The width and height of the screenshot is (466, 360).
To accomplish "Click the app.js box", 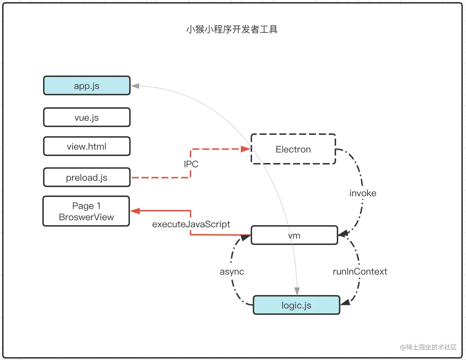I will pos(87,86).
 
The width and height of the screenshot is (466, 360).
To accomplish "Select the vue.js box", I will pos(87,118).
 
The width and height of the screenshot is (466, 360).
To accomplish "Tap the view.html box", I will pos(87,146).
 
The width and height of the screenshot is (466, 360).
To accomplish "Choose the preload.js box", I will pos(87,178).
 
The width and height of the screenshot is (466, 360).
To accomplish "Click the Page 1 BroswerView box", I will pos(86,211).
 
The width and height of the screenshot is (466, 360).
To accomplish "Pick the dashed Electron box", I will pos(293,149).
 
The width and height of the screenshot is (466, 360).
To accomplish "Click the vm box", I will pos(294,235).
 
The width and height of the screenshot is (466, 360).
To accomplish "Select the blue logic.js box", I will pos(296,305).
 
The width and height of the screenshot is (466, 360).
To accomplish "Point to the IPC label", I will pos(191,164).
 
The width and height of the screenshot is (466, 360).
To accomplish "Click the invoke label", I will pos(363,193).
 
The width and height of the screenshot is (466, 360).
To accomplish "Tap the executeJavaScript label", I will pos(191,224).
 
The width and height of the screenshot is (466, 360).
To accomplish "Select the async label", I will pos(232,271).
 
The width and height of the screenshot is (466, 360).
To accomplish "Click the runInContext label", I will pos(360,271).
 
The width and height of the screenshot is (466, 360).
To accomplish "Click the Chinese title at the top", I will pos(232,29).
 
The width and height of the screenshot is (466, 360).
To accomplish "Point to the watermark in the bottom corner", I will pos(428,347).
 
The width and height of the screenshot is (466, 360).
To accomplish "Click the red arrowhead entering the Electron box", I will pos(246,149).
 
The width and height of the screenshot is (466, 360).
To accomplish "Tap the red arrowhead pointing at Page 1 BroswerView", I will pos(135,211).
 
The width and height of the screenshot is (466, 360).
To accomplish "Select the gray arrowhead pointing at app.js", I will pos(135,86).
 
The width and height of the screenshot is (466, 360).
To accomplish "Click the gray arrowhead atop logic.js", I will pos(297,291).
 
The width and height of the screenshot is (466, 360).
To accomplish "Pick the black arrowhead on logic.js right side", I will pos(345,302).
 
